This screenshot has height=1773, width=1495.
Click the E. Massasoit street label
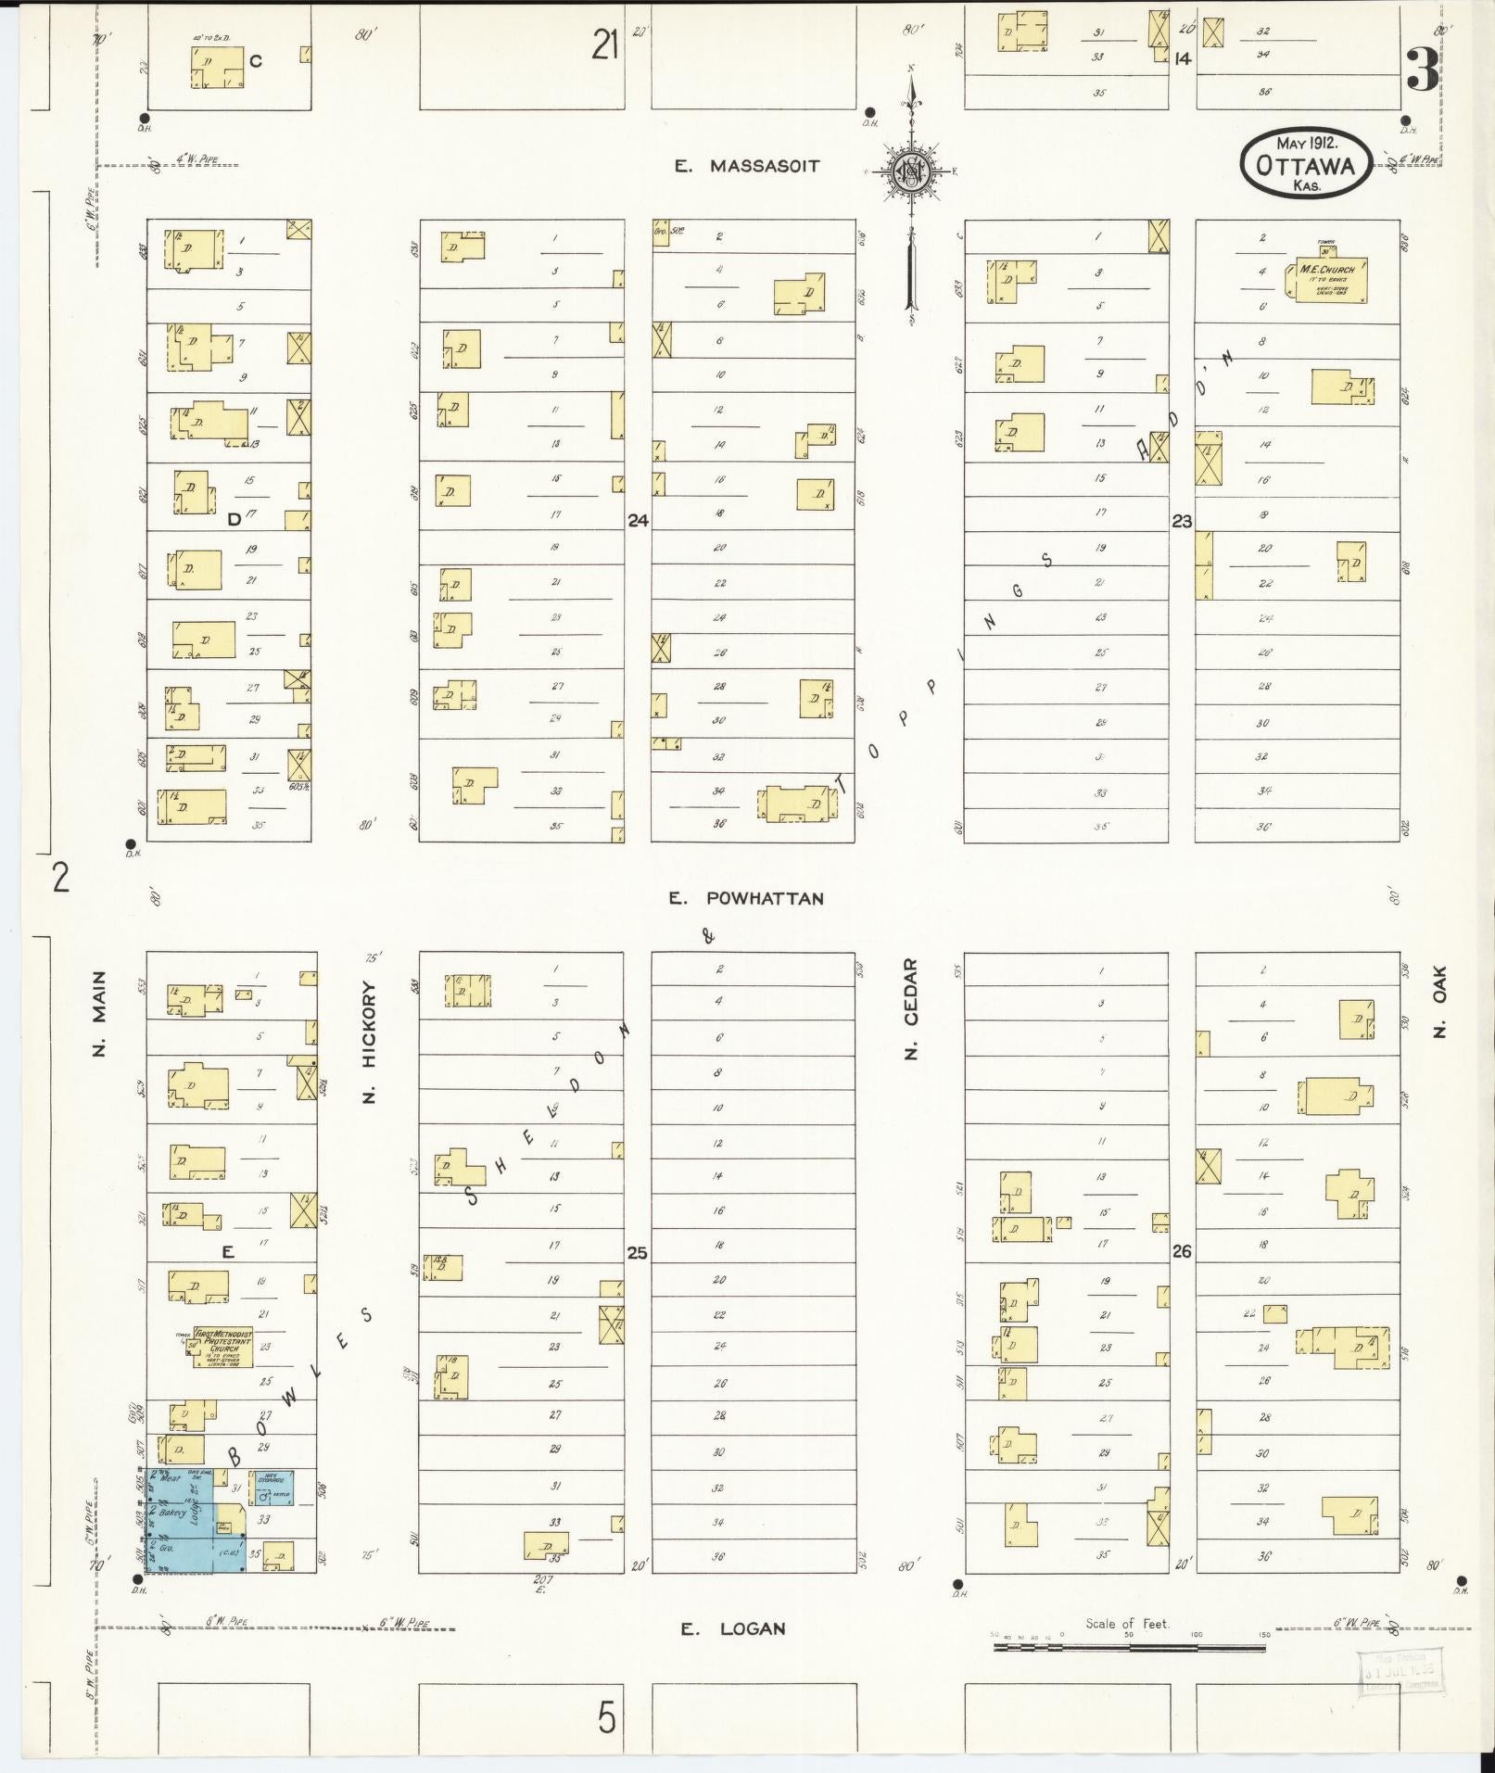click(x=746, y=167)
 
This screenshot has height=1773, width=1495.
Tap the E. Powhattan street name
click(x=746, y=898)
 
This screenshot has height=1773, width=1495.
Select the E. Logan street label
click(x=733, y=1628)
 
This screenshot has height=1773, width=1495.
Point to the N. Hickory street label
click(x=371, y=1042)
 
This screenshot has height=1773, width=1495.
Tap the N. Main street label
click(x=99, y=1012)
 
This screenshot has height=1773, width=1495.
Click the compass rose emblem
click(x=911, y=171)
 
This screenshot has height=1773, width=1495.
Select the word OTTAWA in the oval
click(x=1305, y=167)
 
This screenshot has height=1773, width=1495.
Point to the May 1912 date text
click(x=1305, y=144)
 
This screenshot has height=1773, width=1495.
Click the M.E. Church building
click(x=1325, y=277)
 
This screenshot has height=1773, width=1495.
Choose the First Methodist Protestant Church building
click(x=219, y=1347)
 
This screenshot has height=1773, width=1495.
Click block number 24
click(x=638, y=521)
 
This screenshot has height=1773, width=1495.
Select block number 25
click(x=638, y=1253)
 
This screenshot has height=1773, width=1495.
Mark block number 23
click(x=1182, y=521)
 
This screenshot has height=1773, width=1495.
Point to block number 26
click(x=1182, y=1251)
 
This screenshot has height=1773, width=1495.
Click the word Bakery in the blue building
click(x=173, y=1512)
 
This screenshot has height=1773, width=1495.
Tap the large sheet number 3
click(x=1422, y=70)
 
